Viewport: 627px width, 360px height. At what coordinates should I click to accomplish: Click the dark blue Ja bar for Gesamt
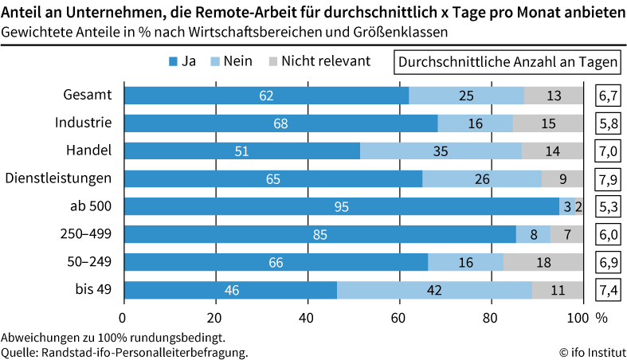(266, 96)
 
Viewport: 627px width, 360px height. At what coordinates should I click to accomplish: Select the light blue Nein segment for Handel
(441, 151)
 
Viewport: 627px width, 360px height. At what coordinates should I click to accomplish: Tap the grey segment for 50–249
(543, 263)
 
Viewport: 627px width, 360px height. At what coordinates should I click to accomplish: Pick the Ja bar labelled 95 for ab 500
(341, 207)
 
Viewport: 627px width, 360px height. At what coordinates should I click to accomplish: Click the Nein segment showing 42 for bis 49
(434, 291)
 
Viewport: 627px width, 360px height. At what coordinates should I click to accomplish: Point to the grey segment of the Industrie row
(547, 123)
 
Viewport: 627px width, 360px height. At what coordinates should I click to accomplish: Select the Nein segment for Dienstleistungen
(482, 179)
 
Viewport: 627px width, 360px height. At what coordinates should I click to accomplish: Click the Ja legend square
(173, 61)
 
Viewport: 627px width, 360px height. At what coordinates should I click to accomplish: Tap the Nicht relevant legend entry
(319, 61)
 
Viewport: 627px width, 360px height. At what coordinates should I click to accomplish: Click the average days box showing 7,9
(608, 179)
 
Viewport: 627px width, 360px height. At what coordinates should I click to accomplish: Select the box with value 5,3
(608, 207)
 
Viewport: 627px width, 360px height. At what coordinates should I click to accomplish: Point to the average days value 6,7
(608, 96)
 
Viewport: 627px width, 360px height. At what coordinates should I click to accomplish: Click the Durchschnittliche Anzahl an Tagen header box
(507, 62)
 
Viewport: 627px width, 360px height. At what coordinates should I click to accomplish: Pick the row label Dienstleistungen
(59, 178)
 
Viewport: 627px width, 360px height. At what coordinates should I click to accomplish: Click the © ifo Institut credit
(591, 352)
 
